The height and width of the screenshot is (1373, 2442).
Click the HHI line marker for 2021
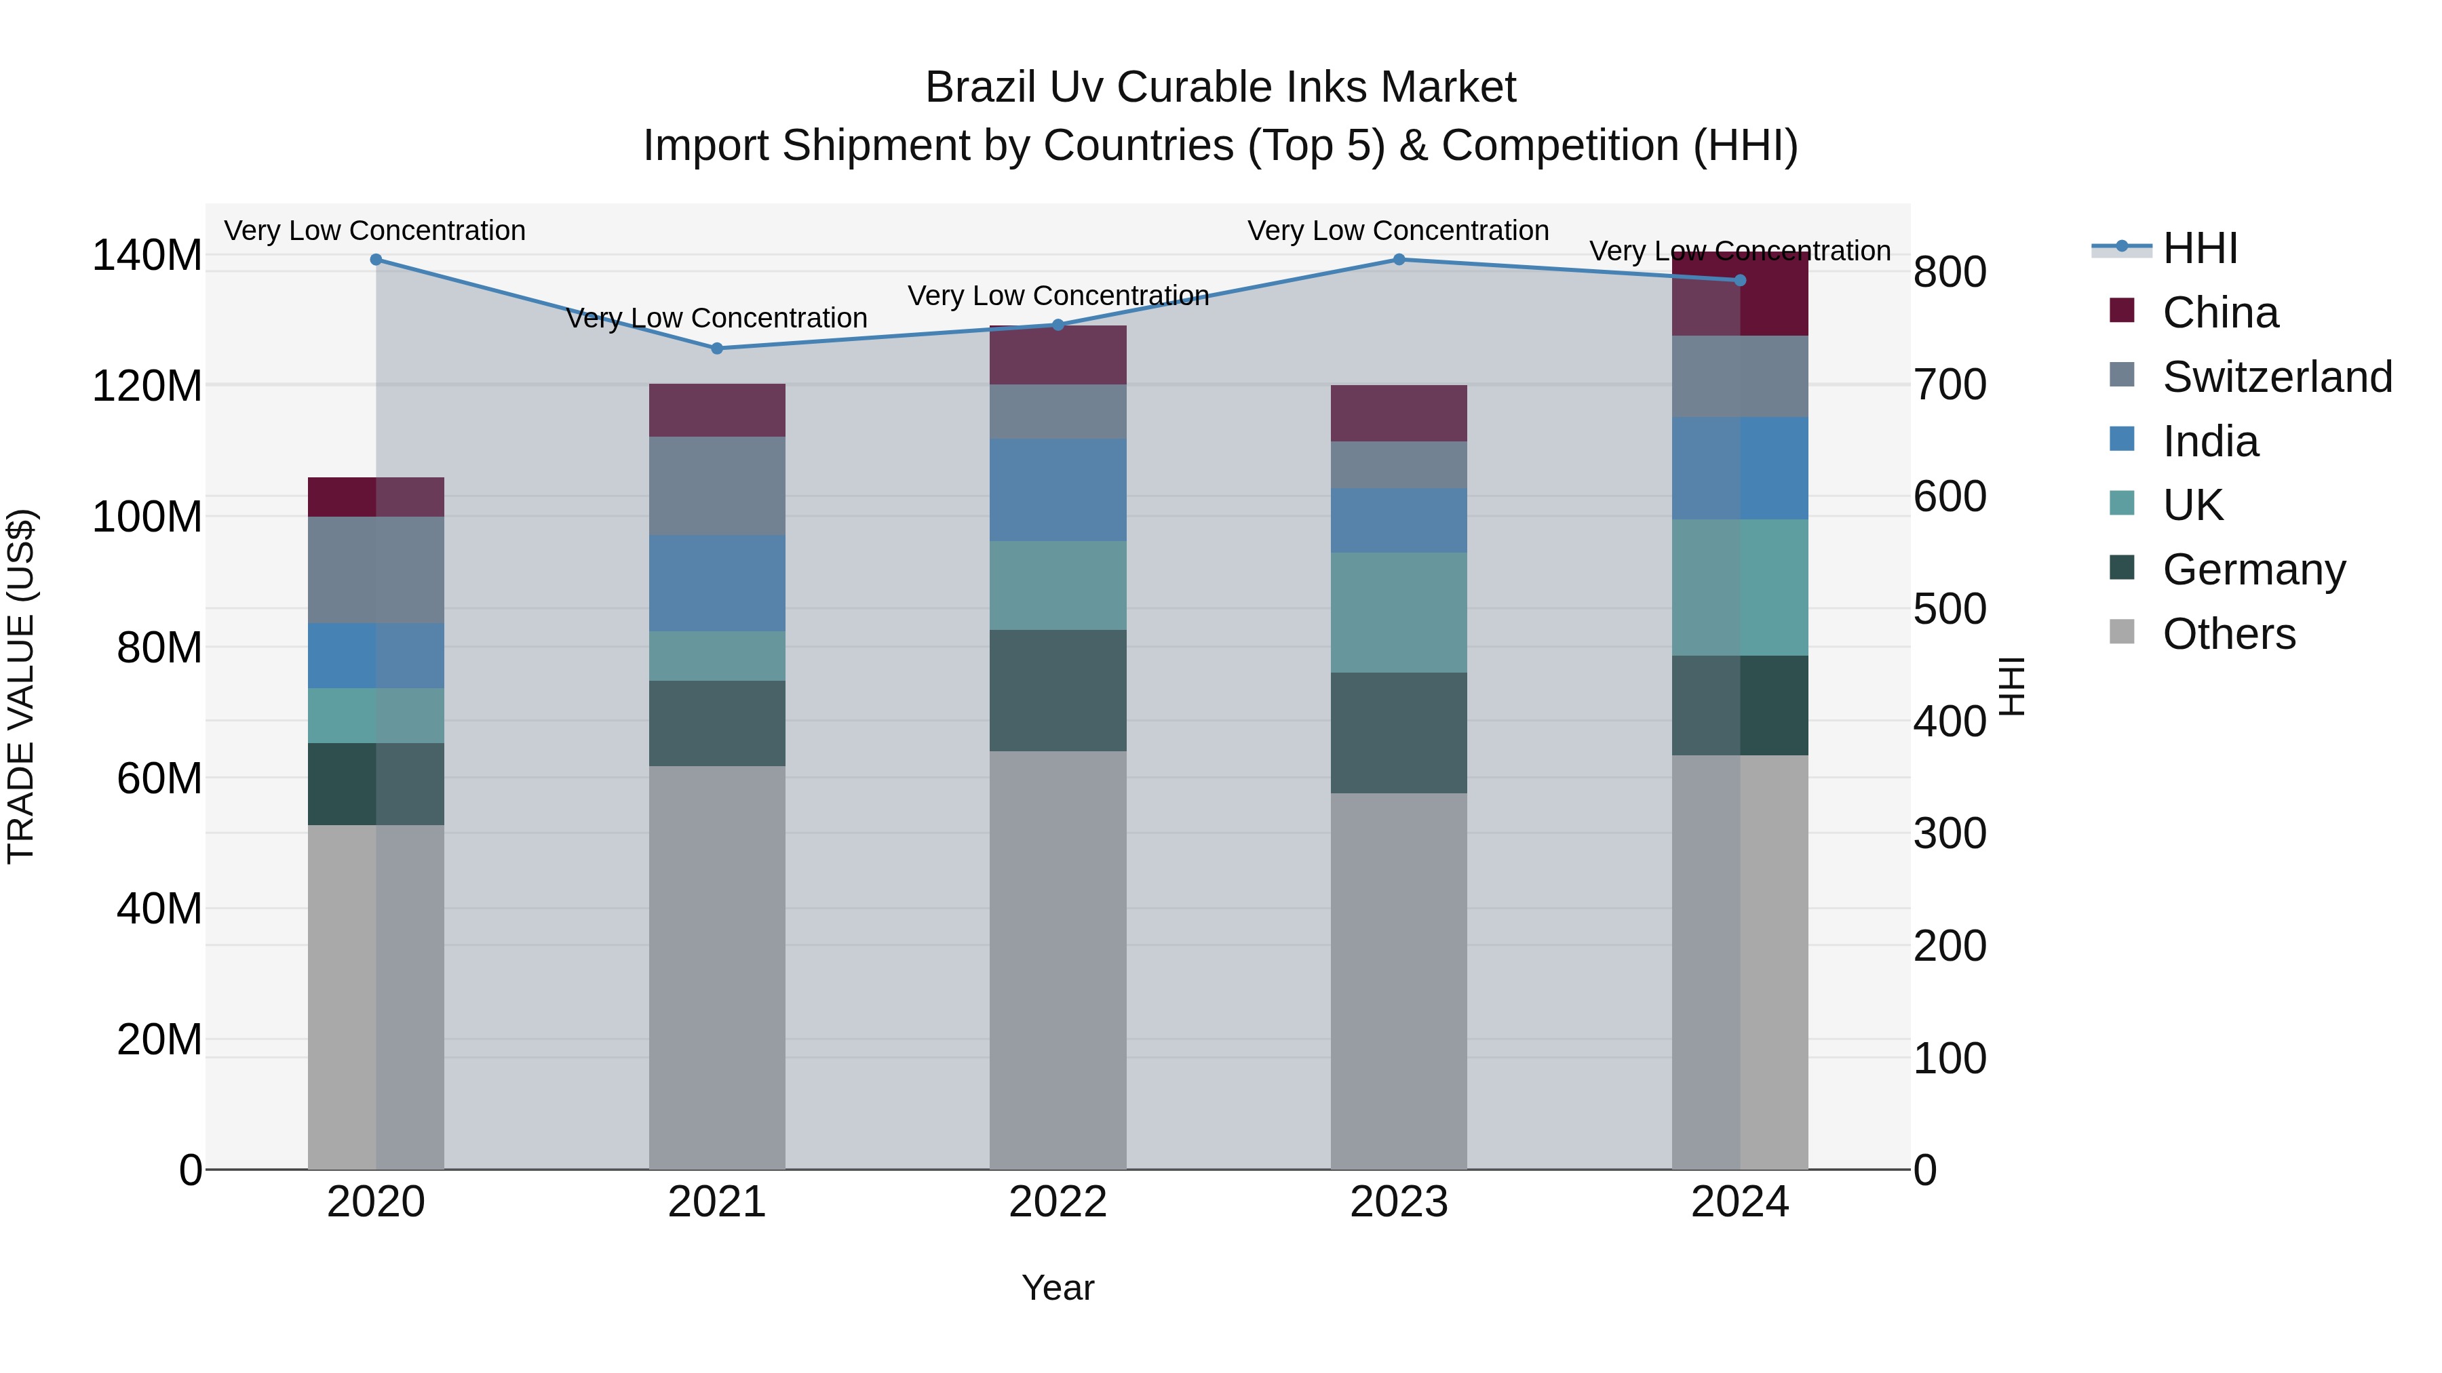pos(717,349)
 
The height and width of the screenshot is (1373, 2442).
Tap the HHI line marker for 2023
pos(1399,260)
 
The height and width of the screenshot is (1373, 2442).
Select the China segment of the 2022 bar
pos(1058,355)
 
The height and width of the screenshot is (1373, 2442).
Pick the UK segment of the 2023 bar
pos(1399,612)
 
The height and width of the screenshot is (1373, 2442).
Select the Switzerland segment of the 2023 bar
pos(1399,464)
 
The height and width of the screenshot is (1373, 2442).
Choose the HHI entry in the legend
pos(2199,248)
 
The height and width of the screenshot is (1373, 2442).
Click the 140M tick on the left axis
pos(147,256)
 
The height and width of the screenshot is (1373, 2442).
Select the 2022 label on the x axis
pos(1058,1202)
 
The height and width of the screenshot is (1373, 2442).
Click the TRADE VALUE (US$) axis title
pos(21,686)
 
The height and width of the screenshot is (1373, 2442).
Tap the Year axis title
pos(1058,1288)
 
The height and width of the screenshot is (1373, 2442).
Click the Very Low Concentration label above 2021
pos(717,319)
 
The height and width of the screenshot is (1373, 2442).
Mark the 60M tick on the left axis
pos(159,779)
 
